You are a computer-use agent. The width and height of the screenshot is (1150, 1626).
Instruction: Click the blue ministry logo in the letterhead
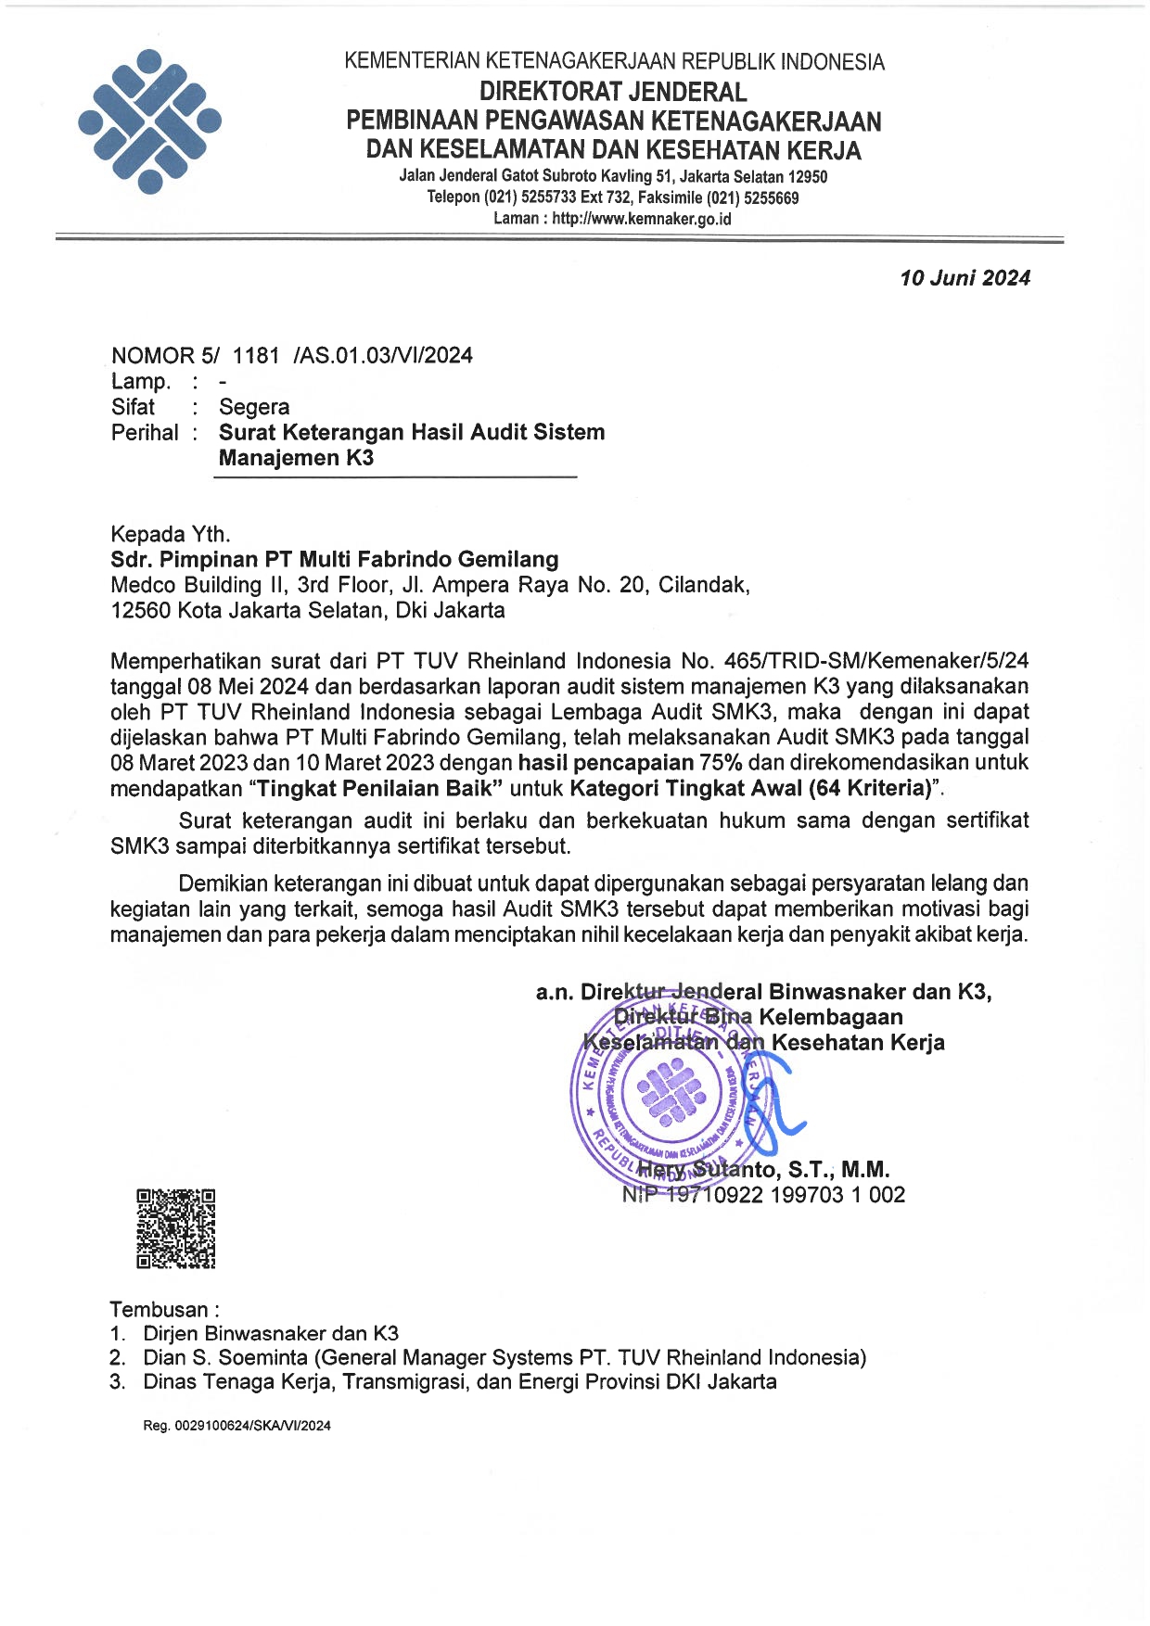tap(149, 121)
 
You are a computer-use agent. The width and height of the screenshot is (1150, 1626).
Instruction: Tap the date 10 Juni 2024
tap(965, 278)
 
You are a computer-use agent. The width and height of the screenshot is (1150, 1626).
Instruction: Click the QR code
tap(176, 1228)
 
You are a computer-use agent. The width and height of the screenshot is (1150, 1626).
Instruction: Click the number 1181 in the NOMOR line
tap(256, 356)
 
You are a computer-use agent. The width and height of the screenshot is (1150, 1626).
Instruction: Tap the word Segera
tap(254, 407)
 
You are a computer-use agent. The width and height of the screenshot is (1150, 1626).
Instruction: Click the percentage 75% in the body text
tap(722, 763)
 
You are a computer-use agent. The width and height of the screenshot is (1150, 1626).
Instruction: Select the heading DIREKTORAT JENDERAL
tap(613, 92)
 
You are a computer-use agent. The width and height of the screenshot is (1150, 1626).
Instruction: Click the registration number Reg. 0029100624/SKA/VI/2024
tap(236, 1426)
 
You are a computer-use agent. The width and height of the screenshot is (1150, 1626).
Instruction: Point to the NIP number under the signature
tap(763, 1195)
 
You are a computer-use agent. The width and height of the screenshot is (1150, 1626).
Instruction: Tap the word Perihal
tap(145, 433)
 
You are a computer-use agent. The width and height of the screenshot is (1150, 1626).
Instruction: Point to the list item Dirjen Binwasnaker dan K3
tap(271, 1334)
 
